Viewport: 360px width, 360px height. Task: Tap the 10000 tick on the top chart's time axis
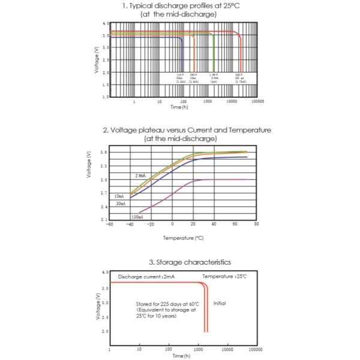pos(233,102)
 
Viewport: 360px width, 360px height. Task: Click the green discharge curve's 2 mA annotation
pos(214,79)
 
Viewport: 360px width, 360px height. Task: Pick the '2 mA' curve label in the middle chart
pos(139,176)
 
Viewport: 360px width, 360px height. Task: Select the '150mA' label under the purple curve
pos(137,217)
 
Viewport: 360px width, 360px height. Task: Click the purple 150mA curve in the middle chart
pos(174,193)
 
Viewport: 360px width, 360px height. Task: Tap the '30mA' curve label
pos(121,204)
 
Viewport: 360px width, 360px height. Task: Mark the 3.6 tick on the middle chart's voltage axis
pos(104,152)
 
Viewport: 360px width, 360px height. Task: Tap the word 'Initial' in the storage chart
pos(220,304)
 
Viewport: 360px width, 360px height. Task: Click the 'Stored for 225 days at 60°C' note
pos(167,305)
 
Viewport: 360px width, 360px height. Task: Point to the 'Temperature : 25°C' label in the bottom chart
pos(224,276)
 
